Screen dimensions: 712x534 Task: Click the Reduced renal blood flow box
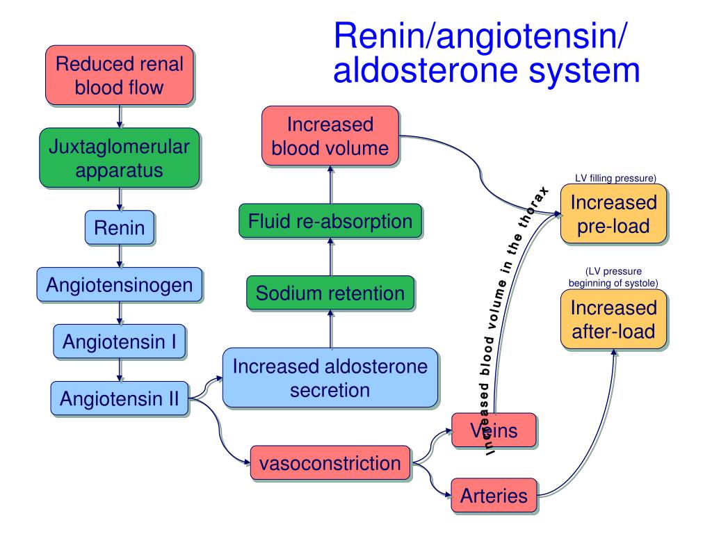click(x=120, y=75)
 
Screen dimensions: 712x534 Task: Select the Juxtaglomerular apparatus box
click(x=120, y=158)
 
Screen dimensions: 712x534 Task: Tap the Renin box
click(x=120, y=227)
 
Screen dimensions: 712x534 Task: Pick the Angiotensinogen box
click(x=120, y=284)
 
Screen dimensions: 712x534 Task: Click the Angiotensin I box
click(x=120, y=341)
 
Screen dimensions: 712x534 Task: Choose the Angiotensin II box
click(x=120, y=398)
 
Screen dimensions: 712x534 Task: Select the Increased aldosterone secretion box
click(x=330, y=378)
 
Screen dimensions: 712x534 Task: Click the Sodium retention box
click(x=330, y=293)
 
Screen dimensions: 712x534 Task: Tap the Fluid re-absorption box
click(x=330, y=221)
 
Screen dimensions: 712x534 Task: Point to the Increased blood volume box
click(x=330, y=136)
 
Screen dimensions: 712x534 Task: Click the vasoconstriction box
click(x=330, y=463)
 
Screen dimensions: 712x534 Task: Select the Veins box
click(x=494, y=430)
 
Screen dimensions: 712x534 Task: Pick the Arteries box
click(x=494, y=495)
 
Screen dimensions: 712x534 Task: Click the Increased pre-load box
click(x=613, y=214)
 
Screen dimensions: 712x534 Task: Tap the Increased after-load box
click(x=613, y=319)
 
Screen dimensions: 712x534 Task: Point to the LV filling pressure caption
click(x=615, y=178)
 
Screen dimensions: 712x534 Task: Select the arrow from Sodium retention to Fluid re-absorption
click(x=330, y=257)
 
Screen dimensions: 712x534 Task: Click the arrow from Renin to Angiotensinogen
click(x=120, y=256)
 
